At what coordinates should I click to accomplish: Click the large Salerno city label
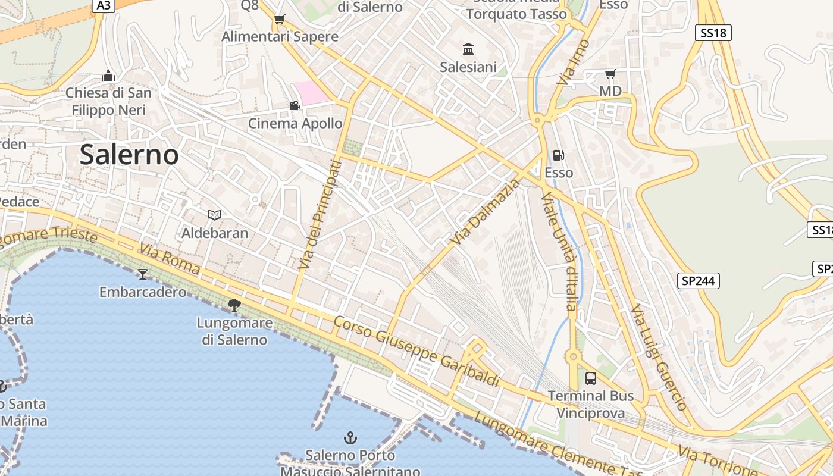129,155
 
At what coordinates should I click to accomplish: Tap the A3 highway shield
103,5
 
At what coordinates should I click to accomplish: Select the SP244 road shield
698,281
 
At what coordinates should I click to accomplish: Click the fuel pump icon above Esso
558,155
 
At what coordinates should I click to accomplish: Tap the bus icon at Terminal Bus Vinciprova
590,378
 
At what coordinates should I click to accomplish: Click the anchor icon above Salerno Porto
350,439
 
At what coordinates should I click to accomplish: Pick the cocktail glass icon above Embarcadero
142,274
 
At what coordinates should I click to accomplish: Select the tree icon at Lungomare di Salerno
234,305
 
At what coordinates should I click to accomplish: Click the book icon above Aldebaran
215,215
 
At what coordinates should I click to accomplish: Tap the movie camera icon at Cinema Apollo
294,105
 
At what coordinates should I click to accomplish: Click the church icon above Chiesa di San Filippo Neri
108,76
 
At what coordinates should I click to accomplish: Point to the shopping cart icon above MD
610,74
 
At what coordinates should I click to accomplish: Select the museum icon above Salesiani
468,49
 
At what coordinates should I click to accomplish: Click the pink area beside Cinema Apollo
312,92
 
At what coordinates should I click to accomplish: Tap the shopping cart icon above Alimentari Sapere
279,19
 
